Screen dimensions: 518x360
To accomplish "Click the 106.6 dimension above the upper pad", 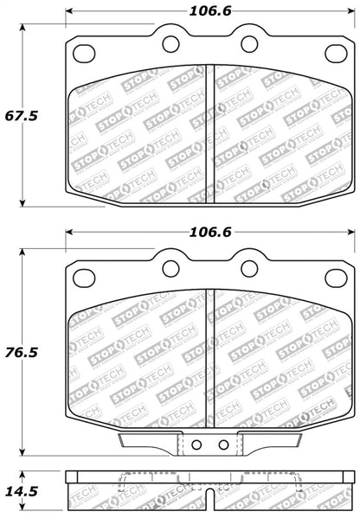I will (x=211, y=12).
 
